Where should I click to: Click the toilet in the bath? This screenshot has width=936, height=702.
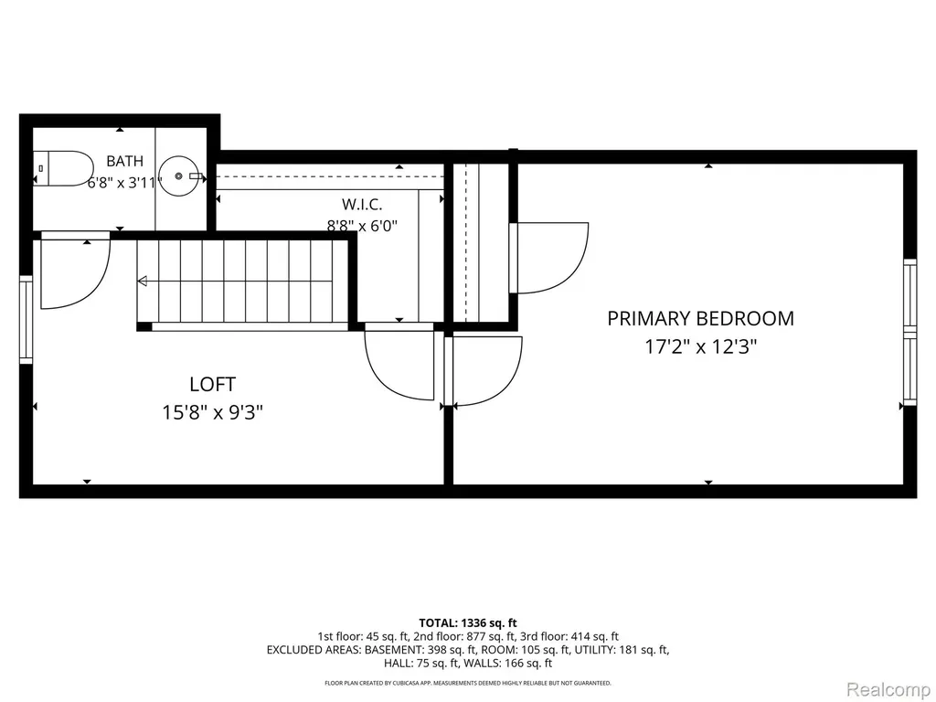(x=63, y=168)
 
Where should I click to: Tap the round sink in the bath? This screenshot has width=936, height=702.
(x=178, y=176)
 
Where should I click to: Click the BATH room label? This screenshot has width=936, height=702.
(x=124, y=161)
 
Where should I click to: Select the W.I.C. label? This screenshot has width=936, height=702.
(x=362, y=204)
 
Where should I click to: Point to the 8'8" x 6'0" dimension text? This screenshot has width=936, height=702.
(x=362, y=226)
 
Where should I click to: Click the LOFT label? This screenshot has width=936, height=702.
(x=212, y=384)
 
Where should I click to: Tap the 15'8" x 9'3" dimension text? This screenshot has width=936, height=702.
(x=212, y=412)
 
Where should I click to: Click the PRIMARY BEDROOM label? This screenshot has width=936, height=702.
(x=701, y=318)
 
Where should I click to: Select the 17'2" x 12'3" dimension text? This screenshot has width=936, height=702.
(x=701, y=346)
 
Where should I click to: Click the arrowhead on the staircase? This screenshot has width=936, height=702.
(x=143, y=282)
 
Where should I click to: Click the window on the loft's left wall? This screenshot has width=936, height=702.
(x=26, y=319)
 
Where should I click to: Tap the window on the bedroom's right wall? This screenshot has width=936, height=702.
(x=909, y=332)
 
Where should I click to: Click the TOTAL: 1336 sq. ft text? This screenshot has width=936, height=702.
(x=468, y=623)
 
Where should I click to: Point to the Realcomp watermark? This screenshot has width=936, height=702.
(x=888, y=689)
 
